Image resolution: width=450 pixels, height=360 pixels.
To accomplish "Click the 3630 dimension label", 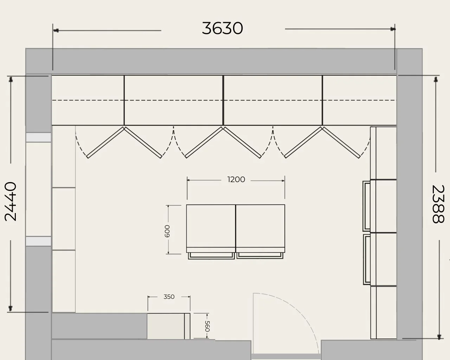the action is [222, 28].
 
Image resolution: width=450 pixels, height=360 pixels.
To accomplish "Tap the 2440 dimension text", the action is [11, 201].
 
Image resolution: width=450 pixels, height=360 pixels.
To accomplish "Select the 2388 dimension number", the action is [438, 204].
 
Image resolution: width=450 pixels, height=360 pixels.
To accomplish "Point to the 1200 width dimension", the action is [236, 180].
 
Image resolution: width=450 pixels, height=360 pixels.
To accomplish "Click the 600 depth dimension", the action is [167, 231].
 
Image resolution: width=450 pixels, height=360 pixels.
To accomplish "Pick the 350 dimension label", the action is [169, 297].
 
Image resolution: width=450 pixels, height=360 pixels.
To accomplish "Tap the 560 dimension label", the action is [207, 326].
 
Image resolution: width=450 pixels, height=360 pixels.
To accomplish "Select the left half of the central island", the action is [211, 229].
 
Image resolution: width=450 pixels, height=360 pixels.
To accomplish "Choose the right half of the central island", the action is [261, 229].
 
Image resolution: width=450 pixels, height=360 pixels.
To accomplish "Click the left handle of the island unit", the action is [211, 256].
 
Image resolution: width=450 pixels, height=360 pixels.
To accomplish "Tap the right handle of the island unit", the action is [260, 256].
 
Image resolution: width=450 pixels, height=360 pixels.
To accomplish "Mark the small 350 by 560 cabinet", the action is [168, 326].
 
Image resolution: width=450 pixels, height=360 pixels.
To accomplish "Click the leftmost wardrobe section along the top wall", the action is [88, 100].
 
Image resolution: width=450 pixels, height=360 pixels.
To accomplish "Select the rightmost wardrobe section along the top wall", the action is [359, 100].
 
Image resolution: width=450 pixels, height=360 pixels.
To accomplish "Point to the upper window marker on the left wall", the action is [38, 137].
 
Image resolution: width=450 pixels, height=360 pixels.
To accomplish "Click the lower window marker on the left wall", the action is [38, 241].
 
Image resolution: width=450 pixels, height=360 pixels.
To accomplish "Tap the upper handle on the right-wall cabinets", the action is [366, 206].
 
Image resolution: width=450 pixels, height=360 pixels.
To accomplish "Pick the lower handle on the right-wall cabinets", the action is [367, 259].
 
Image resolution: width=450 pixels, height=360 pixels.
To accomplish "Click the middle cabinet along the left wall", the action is [64, 219].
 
